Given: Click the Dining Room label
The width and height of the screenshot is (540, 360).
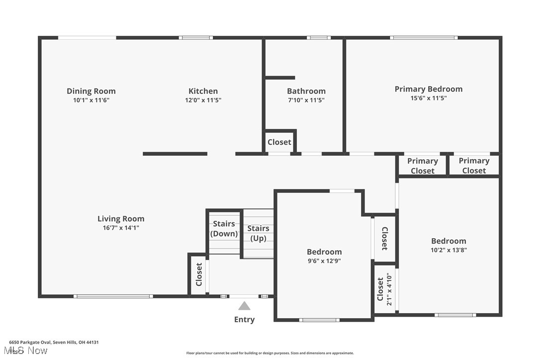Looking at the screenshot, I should click(x=91, y=91).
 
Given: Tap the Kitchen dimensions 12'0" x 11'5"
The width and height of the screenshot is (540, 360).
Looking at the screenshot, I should click(x=203, y=100).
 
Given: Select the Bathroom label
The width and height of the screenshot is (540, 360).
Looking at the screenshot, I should click(x=306, y=91).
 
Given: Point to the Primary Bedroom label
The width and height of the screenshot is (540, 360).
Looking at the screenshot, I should click(x=428, y=89).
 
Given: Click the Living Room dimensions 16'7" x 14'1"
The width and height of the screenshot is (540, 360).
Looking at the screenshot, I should click(x=121, y=228).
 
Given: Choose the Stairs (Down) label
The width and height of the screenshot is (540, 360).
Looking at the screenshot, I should click(x=224, y=229).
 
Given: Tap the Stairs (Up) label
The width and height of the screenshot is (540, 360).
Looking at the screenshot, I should click(x=258, y=233).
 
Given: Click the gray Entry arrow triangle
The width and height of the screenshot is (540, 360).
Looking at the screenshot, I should click(x=244, y=306).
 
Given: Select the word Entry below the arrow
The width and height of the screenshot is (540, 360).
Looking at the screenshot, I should click(x=244, y=320).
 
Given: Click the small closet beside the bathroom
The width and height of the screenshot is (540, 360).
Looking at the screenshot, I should click(x=279, y=142).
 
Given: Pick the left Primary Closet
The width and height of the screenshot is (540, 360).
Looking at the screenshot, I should click(x=422, y=166).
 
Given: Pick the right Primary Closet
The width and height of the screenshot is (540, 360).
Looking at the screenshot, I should click(x=474, y=166).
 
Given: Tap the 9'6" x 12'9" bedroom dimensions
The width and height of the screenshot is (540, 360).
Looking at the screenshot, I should click(x=324, y=261).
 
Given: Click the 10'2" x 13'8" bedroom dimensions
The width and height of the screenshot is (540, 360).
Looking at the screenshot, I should click(x=449, y=250).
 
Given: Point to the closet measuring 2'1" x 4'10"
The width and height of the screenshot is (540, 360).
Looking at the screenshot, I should click(x=384, y=288).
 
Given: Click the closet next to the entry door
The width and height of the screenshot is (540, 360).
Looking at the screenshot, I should click(x=199, y=274).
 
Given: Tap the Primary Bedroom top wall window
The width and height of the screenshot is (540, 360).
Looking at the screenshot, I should click(x=423, y=38).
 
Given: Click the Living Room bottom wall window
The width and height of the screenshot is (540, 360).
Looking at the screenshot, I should click(x=113, y=296).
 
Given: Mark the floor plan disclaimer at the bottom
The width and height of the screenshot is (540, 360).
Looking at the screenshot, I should click(x=270, y=353).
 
